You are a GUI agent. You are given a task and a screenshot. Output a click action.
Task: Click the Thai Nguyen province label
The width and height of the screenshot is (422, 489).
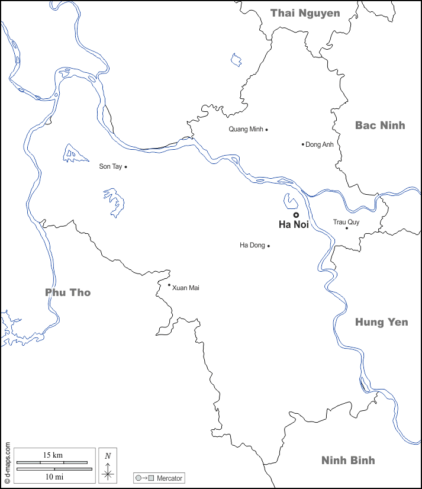(x=305, y=13)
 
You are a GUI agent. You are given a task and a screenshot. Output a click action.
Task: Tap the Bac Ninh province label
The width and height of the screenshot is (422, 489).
(x=380, y=125)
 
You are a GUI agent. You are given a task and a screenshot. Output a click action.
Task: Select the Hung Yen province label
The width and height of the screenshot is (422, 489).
(x=381, y=322)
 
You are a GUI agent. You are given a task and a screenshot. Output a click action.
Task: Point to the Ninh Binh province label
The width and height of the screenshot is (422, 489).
(x=348, y=461)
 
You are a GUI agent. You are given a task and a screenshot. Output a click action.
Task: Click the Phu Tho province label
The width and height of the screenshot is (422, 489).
(x=68, y=292)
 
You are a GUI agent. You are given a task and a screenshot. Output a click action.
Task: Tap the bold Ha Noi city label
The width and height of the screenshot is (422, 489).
(x=294, y=225)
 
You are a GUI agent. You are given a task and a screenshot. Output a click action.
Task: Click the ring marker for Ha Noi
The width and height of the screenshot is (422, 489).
(x=296, y=215)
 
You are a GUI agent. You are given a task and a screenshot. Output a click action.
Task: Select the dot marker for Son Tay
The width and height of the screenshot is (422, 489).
(x=126, y=167)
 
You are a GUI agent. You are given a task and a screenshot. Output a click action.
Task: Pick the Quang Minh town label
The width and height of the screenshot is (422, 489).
(x=246, y=130)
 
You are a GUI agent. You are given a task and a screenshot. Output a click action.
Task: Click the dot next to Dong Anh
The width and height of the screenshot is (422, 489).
(x=303, y=144)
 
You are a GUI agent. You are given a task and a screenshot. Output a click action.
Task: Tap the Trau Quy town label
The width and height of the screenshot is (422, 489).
(x=346, y=222)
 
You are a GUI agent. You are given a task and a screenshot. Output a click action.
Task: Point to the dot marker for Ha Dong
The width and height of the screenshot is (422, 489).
(x=269, y=246)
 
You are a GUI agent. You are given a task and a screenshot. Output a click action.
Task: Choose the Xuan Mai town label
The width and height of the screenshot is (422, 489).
(x=186, y=288)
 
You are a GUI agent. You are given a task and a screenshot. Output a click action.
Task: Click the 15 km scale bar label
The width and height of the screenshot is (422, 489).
(x=53, y=455)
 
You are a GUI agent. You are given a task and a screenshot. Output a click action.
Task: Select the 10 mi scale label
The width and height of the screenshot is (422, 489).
(x=54, y=476)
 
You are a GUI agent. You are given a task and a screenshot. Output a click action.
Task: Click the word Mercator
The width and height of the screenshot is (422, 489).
(x=170, y=478)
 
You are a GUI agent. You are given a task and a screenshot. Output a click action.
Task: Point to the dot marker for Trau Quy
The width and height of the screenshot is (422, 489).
(x=347, y=228)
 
